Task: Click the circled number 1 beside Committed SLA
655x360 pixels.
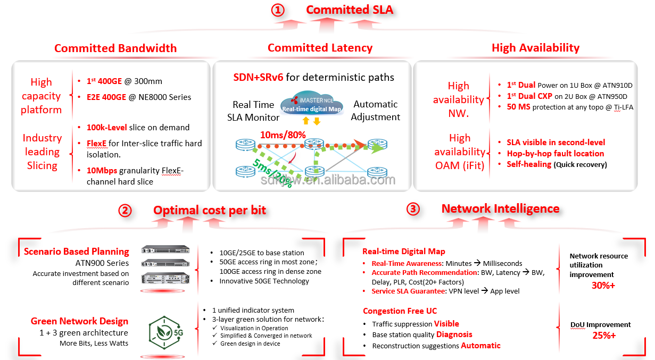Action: click(278, 10)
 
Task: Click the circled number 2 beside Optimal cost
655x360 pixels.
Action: click(125, 211)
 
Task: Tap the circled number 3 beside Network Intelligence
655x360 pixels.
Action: click(413, 209)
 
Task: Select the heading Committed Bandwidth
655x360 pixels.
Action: click(115, 48)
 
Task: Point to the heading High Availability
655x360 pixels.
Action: click(535, 48)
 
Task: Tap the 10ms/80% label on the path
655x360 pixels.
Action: click(283, 135)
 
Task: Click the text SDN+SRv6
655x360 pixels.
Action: click(258, 78)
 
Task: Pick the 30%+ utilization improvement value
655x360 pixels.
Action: click(603, 286)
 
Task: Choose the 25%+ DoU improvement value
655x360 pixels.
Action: click(604, 336)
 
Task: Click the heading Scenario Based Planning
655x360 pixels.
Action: click(77, 252)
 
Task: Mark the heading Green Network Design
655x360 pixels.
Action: click(79, 321)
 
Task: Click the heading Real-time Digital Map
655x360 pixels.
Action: click(403, 252)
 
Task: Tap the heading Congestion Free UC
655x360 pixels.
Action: click(400, 311)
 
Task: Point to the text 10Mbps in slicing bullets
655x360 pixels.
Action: click(102, 171)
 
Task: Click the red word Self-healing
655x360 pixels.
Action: click(528, 164)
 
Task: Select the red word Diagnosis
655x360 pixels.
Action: click(454, 334)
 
